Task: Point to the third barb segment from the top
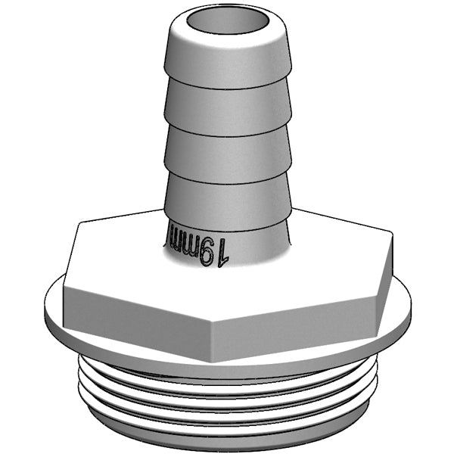coord(227,148)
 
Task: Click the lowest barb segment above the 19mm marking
coord(227,194)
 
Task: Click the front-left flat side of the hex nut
coord(136,313)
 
